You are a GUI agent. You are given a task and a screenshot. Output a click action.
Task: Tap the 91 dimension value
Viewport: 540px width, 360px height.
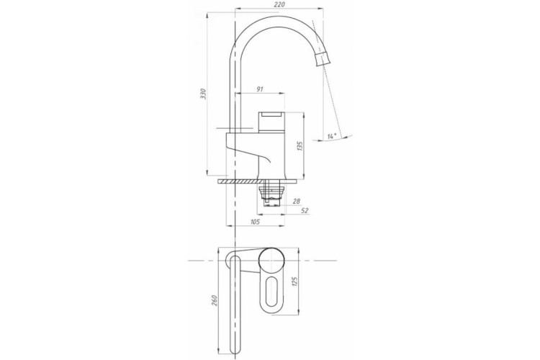click(x=259, y=90)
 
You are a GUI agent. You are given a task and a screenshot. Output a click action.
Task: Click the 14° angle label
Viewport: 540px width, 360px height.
click(x=330, y=135)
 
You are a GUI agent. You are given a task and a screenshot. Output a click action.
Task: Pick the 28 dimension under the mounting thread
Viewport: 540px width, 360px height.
click(x=295, y=202)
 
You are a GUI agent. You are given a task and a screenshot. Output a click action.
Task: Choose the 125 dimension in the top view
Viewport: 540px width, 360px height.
click(x=294, y=281)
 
